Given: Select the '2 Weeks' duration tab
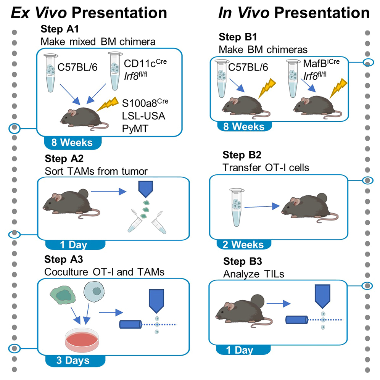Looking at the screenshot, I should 243,245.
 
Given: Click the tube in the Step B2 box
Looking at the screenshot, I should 235,206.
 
